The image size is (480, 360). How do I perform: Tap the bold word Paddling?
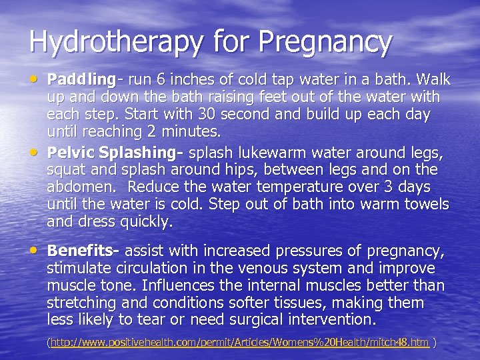80,80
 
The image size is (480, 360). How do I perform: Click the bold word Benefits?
81,251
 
